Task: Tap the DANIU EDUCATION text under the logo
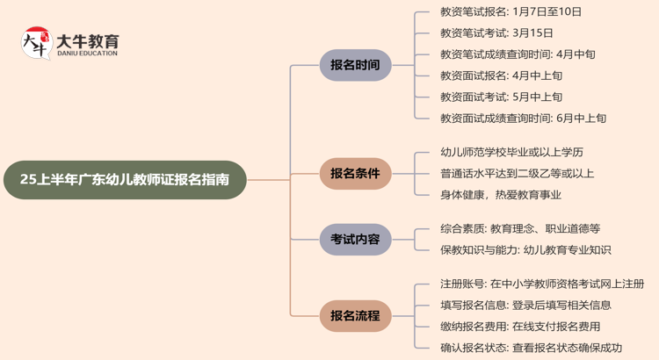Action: pos(87,54)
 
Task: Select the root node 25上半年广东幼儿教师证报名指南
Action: pos(125,179)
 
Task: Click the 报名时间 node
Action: pos(355,65)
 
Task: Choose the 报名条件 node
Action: pos(355,174)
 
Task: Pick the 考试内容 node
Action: pos(355,239)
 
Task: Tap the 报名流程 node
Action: pos(355,315)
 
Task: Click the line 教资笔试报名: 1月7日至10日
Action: pos(511,12)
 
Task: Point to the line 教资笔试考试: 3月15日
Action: pos(496,33)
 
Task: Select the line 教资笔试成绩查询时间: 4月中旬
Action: pos(518,54)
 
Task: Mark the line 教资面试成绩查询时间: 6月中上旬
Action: pos(523,118)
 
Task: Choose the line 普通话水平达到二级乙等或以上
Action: pos(517,173)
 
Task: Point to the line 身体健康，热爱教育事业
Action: pos(500,194)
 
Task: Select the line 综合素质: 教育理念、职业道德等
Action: pos(520,228)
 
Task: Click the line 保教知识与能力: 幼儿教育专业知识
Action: pos(525,249)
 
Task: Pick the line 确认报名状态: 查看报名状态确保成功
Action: pos(531,347)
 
